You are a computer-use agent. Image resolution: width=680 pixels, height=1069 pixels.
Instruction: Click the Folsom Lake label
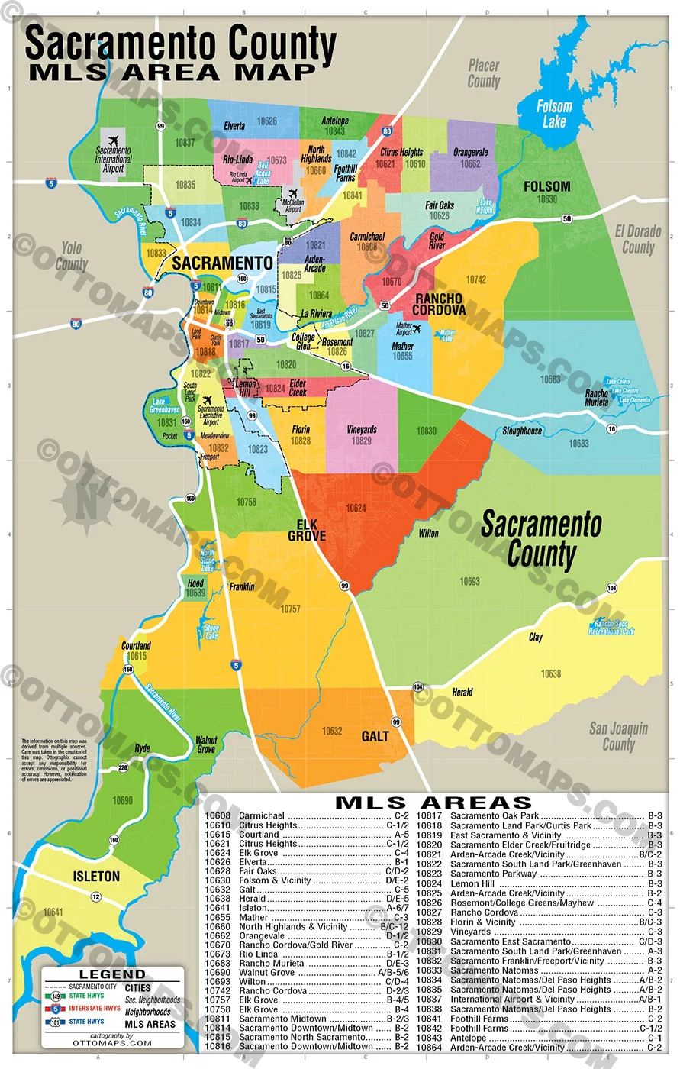point(554,114)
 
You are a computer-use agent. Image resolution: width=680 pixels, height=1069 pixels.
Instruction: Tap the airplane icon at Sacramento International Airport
point(114,141)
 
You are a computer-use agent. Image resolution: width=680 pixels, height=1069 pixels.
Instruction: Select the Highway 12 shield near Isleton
point(96,896)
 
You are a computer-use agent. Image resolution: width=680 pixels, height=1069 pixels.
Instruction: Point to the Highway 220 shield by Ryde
point(123,767)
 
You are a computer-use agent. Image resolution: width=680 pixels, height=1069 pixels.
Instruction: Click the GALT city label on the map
point(375,736)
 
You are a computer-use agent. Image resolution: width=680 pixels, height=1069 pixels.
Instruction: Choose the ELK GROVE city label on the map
point(307,530)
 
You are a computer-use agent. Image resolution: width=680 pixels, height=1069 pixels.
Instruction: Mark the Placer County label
point(483,73)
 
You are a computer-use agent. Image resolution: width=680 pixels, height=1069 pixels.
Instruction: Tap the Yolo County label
point(71,256)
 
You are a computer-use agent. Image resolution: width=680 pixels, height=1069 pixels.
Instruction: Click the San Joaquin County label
point(618,736)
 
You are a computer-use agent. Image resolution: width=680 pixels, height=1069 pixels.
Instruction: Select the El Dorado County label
point(638,239)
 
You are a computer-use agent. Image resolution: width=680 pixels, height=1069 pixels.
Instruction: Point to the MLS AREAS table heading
point(433,803)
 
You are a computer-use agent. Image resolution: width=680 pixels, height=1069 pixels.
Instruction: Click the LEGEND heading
point(112,974)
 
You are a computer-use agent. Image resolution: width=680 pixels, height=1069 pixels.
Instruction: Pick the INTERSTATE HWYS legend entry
point(94,1008)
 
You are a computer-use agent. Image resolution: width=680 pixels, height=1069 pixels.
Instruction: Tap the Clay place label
point(536,637)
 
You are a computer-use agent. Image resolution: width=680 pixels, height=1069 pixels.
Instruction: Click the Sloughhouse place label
point(522,431)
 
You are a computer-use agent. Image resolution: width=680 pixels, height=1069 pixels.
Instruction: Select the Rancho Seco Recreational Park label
point(611,627)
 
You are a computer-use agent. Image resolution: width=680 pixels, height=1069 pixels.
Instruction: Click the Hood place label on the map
point(195,583)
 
